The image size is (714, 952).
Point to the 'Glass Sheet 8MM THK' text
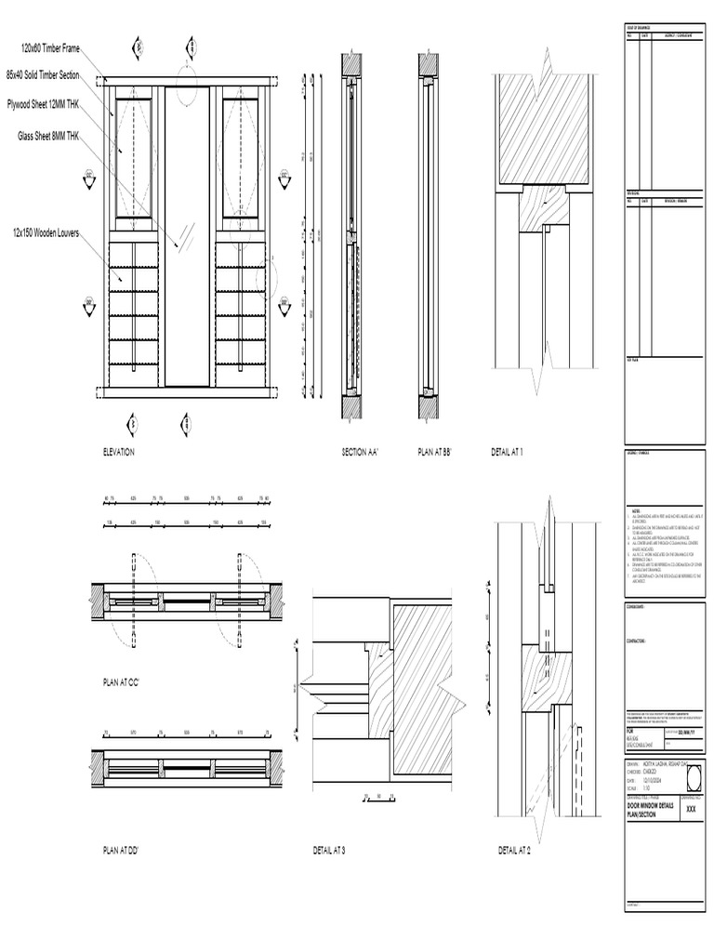tap(49, 136)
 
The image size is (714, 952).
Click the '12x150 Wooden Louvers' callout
tap(51, 231)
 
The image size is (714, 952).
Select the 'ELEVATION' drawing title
tap(119, 452)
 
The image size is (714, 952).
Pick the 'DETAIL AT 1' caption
tap(507, 452)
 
